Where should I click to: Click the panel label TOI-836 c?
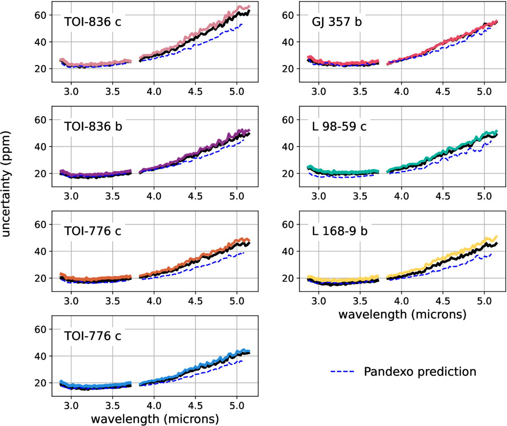(92, 22)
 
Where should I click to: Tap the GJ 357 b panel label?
(336, 22)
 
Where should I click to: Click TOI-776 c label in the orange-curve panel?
(92, 232)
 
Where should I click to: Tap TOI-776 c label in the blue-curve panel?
(92, 336)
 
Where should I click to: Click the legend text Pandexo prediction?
(420, 371)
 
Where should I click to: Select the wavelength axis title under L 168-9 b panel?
(402, 315)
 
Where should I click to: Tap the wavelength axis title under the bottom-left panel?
(155, 419)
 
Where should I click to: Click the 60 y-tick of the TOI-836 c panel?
(41, 15)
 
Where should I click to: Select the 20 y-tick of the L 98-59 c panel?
(289, 174)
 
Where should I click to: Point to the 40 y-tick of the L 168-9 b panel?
(289, 251)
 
